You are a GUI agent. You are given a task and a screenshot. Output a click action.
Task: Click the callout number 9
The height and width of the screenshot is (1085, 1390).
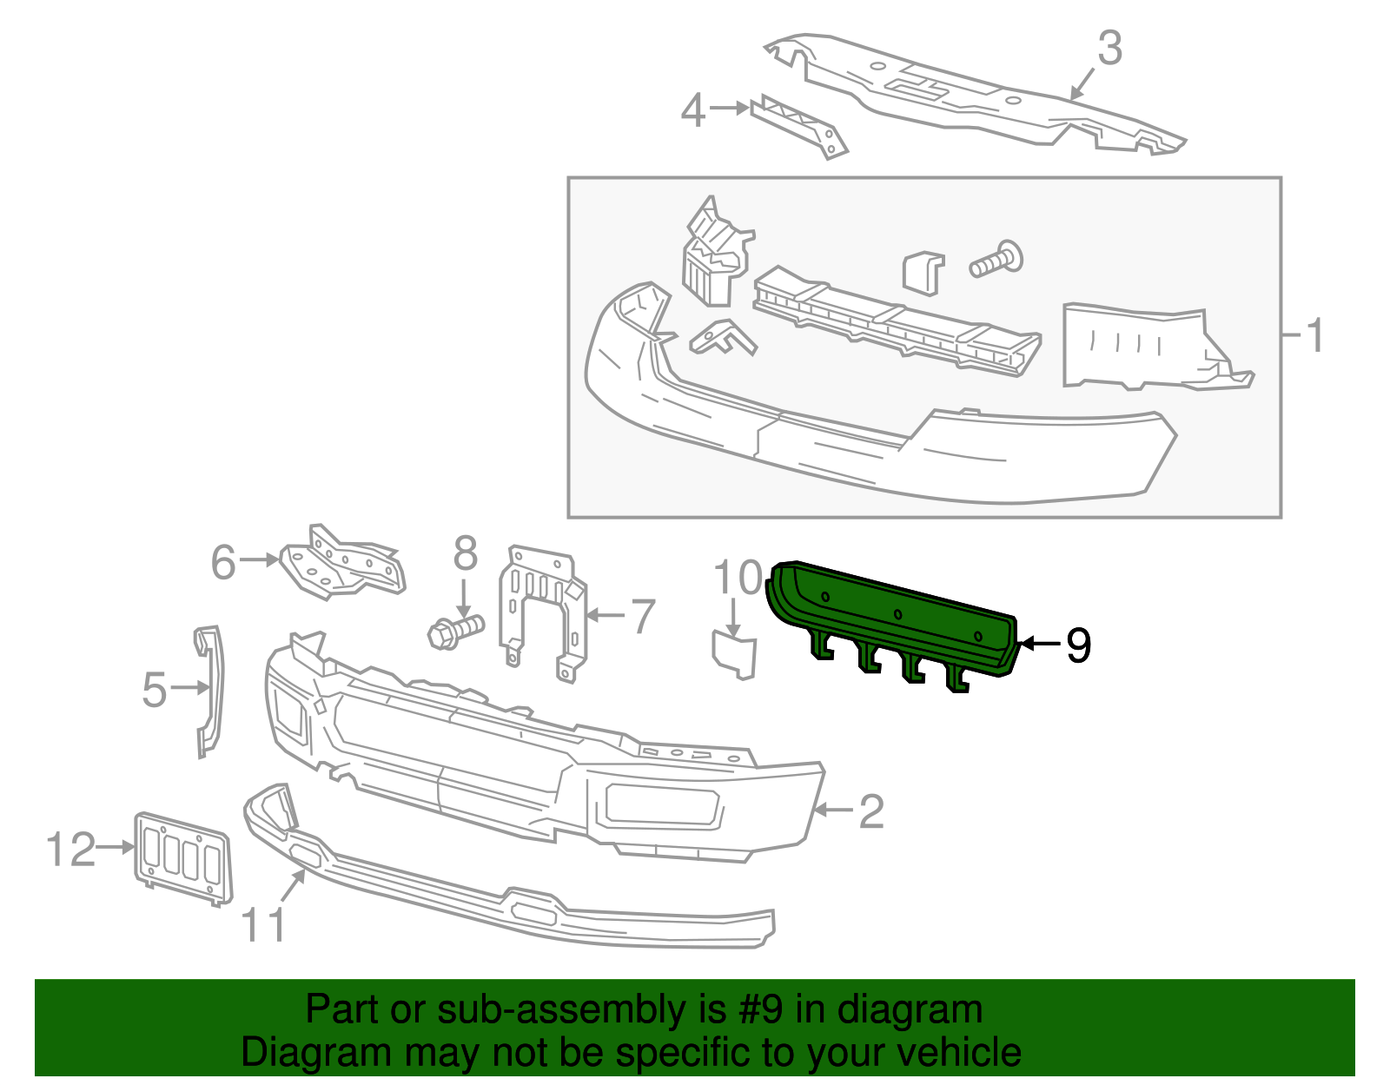[x=1078, y=645]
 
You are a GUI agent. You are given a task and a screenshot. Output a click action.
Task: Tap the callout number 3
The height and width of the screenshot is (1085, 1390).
[x=1110, y=49]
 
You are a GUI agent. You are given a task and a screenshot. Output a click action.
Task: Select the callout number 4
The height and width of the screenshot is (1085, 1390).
[x=692, y=111]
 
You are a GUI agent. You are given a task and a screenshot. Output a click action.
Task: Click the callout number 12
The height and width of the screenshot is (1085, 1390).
[x=70, y=850]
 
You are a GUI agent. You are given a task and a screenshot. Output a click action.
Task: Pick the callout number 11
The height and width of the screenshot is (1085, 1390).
[x=263, y=925]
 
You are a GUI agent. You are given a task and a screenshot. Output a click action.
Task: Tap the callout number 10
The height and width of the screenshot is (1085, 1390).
[x=738, y=578]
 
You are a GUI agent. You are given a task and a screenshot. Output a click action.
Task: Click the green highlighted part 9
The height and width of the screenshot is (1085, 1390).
[x=895, y=617]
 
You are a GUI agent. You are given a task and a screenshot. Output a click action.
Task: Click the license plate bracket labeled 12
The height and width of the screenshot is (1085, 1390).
[x=182, y=857]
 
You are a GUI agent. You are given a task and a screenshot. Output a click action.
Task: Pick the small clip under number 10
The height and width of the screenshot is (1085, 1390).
[x=735, y=655]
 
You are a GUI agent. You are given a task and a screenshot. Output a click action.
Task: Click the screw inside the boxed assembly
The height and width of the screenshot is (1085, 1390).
[x=997, y=260]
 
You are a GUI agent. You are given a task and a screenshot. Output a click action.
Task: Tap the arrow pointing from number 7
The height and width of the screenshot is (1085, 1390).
[x=606, y=616]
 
